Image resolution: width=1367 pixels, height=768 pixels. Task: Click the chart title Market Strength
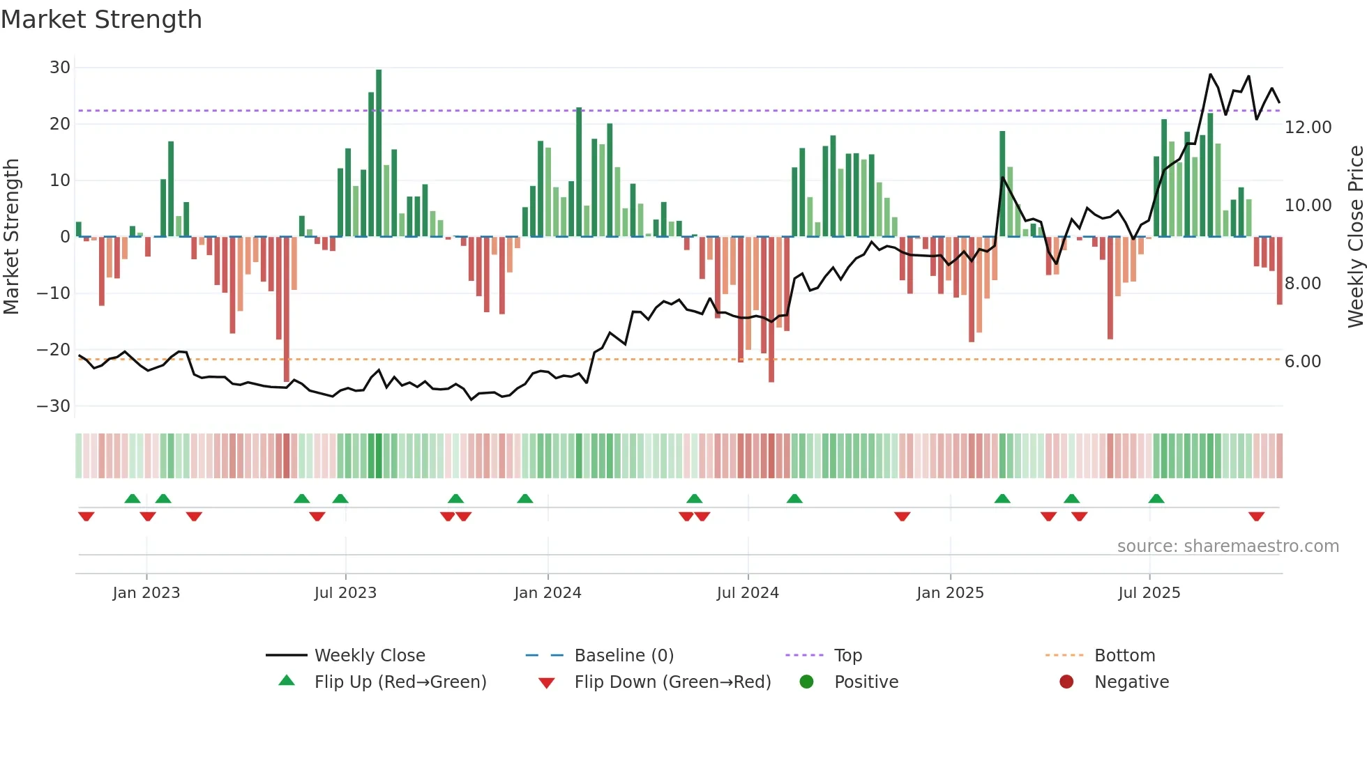pos(101,20)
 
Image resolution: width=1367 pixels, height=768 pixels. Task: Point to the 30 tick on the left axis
pos(60,68)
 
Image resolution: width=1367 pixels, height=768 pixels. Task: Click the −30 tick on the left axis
pos(54,406)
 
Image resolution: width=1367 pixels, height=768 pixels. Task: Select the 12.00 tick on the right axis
pos(1308,128)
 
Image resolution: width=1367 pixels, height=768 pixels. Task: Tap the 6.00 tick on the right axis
pos(1302,362)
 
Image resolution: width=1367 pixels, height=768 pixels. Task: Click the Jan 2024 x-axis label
pos(547,593)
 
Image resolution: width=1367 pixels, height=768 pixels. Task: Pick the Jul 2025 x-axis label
pos(1149,593)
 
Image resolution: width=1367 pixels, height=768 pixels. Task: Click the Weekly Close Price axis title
pos(1355,237)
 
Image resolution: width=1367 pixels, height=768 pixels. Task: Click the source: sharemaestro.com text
pos(1228,546)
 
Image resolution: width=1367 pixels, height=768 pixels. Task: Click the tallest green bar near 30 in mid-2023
pos(379,153)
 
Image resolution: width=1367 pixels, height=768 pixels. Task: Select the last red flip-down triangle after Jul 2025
pos(1256,516)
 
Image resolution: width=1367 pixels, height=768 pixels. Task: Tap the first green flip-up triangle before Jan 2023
pos(132,498)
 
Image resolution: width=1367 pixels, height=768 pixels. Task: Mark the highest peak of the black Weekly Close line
pos(1210,74)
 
